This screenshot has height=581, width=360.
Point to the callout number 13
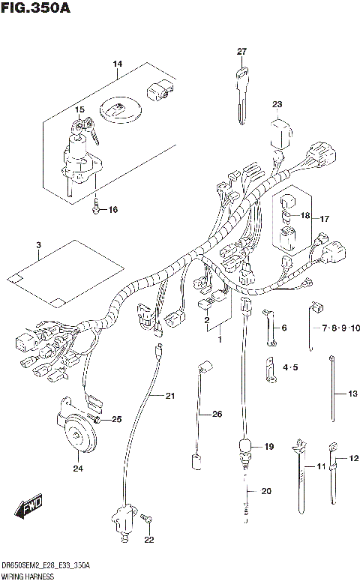pos(352,394)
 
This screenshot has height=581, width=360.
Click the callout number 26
pos(217,414)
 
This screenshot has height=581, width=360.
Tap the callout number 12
pos(353,457)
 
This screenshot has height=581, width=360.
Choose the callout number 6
pos(283,328)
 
